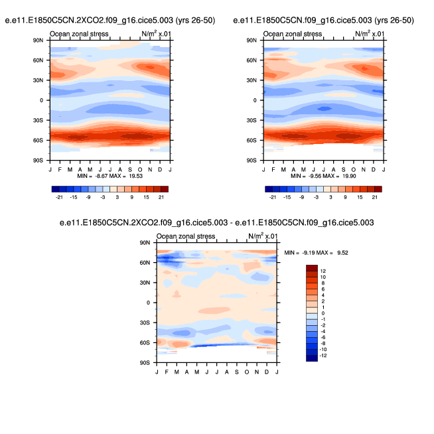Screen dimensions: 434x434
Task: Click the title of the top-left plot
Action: pos(111,21)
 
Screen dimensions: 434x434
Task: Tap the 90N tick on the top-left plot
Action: pos(38,40)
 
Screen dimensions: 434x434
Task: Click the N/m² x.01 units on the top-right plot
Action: pos(370,33)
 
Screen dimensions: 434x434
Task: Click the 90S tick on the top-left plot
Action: pos(38,160)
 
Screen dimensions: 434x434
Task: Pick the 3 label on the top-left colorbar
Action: pos(117,197)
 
